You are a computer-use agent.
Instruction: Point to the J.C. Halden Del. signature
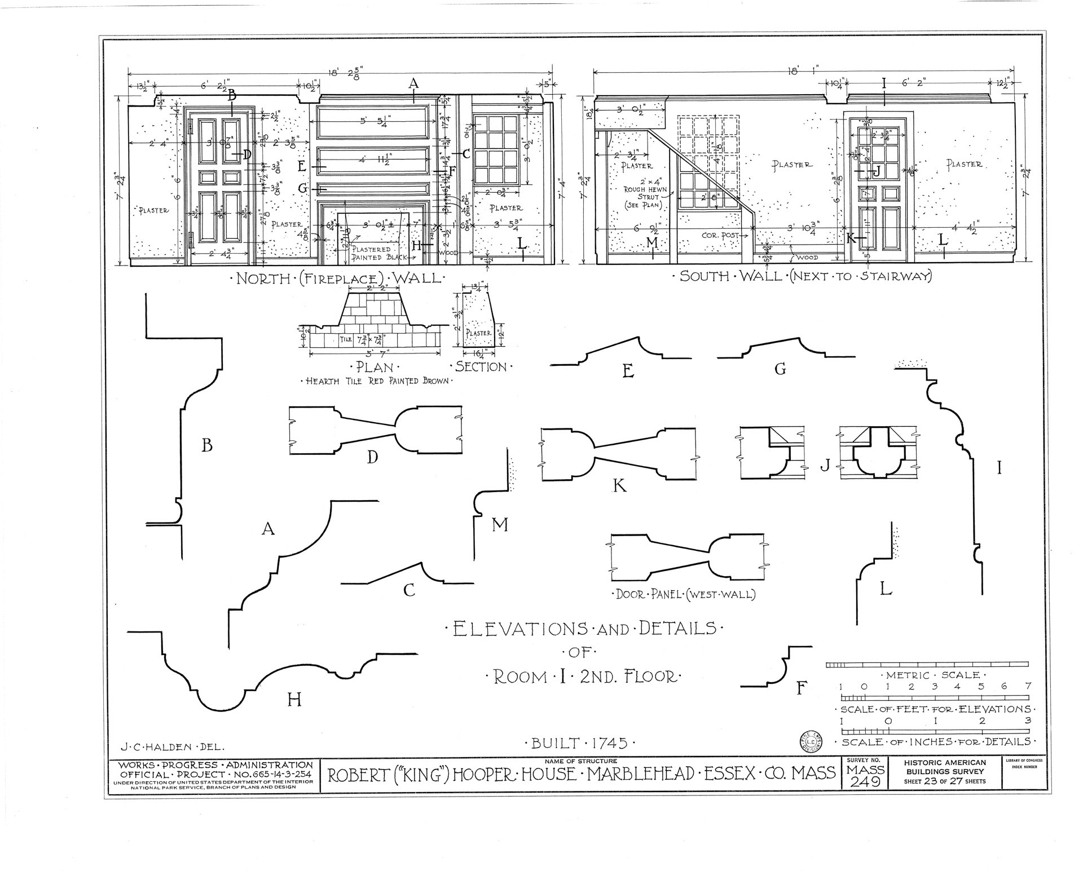point(173,747)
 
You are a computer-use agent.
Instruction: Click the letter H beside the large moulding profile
point(294,700)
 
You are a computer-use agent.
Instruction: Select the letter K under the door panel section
point(619,485)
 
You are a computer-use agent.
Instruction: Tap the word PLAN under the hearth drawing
point(375,368)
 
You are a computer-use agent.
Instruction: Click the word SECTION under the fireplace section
point(481,367)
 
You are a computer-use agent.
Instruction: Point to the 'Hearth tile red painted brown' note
point(377,381)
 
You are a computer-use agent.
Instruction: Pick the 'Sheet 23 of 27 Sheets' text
point(945,781)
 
